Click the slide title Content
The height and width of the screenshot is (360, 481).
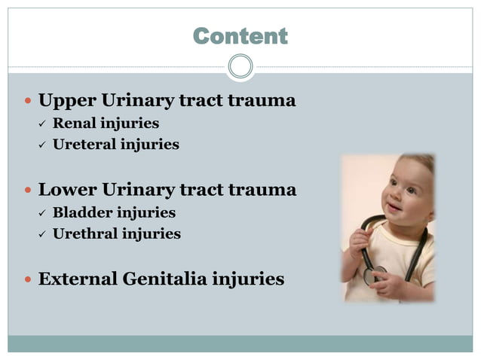tap(240, 35)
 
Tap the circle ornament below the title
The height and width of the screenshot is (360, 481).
tap(240, 66)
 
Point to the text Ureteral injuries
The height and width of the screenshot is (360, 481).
tap(115, 144)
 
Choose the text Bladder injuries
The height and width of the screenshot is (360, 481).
tap(114, 212)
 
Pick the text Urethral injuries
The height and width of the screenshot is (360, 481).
tap(116, 233)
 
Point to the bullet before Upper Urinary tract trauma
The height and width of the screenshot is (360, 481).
tap(28, 101)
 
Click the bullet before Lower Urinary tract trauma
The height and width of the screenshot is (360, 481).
tap(28, 191)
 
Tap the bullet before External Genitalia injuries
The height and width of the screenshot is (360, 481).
tap(28, 280)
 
